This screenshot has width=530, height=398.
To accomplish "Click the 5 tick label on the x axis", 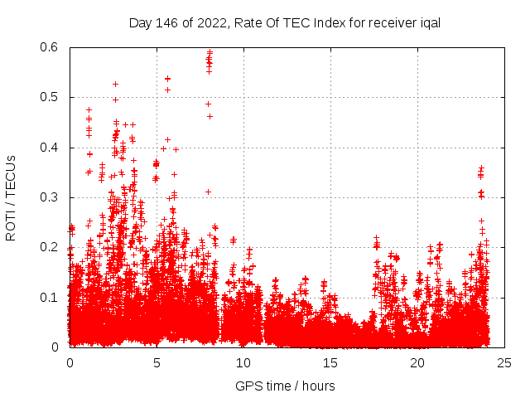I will pos(157,362).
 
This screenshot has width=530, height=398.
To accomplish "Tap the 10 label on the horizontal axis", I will pos(243,362).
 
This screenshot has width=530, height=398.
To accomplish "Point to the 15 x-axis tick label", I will pos(330,362).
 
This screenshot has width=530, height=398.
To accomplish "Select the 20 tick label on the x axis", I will pos(417,362).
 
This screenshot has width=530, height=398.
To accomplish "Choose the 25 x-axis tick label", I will pos(504,362).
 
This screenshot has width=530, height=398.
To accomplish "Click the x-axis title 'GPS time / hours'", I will pos(285,386).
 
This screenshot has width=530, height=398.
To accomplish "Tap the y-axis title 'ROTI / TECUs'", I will pos(12,197).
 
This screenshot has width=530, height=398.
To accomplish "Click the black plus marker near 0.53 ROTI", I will pos(116,84).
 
